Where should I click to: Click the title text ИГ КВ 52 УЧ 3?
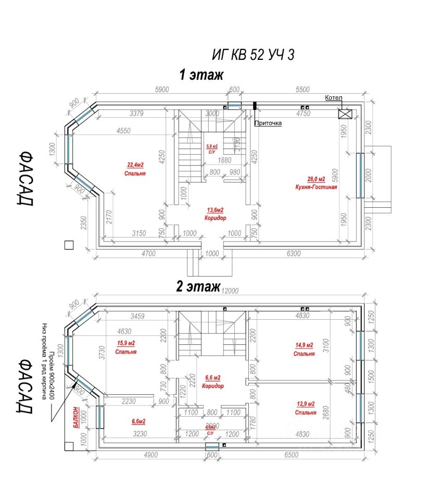click(x=253, y=54)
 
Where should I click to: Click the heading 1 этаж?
click(x=201, y=75)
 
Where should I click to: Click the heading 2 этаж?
click(x=198, y=287)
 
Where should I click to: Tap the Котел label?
click(x=334, y=98)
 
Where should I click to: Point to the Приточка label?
click(x=268, y=123)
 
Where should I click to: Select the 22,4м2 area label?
click(x=135, y=166)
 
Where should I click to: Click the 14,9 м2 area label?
click(x=304, y=345)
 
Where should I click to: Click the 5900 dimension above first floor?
click(x=162, y=90)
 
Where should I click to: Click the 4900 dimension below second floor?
click(x=150, y=455)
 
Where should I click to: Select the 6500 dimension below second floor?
click(x=292, y=455)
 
